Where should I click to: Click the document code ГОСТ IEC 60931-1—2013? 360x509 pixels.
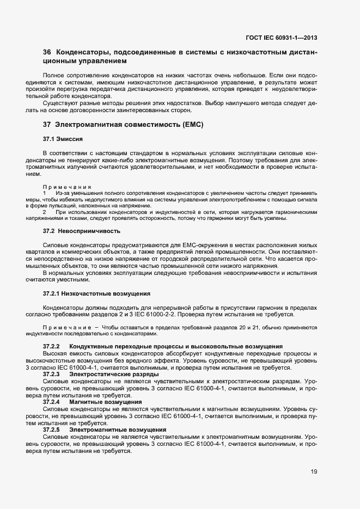(x=282, y=38)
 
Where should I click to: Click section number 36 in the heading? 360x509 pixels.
(x=47, y=53)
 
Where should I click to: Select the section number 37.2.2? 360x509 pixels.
(x=51, y=346)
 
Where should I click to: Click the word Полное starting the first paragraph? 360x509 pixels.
(x=52, y=75)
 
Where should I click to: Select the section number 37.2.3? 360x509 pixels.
(x=51, y=374)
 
